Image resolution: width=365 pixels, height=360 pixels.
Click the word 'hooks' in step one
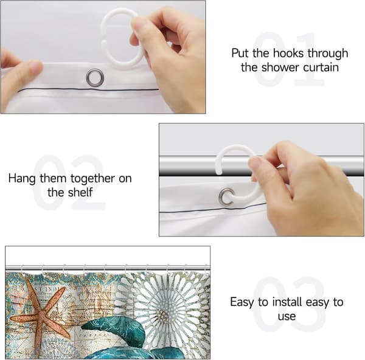click(x=288, y=54)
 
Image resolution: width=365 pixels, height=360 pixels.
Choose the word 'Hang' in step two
click(x=22, y=179)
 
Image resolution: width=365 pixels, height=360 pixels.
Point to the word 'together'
click(x=92, y=179)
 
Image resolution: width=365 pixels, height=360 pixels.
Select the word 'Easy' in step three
click(x=242, y=302)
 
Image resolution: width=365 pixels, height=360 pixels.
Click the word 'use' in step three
click(x=287, y=317)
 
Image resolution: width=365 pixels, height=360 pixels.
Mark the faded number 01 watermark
click(x=288, y=60)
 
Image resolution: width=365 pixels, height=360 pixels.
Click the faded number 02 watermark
click(x=69, y=182)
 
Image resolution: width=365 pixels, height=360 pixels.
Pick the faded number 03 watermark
click(x=288, y=305)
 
